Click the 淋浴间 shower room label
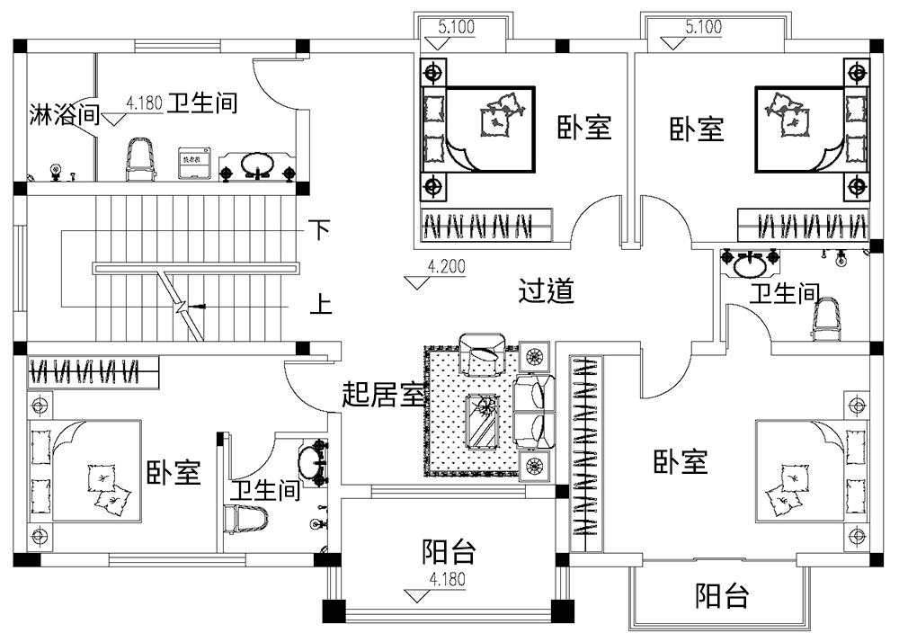coord(63,114)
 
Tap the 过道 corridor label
coord(547,291)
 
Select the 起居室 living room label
coord(383,394)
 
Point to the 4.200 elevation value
coord(447,267)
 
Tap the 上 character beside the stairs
coord(320,306)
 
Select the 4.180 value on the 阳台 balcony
coord(448,579)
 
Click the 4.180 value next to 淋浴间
coord(144,104)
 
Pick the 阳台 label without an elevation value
coord(722,595)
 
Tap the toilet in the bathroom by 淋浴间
coord(140,157)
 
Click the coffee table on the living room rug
coord(483,419)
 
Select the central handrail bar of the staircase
coord(196,267)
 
